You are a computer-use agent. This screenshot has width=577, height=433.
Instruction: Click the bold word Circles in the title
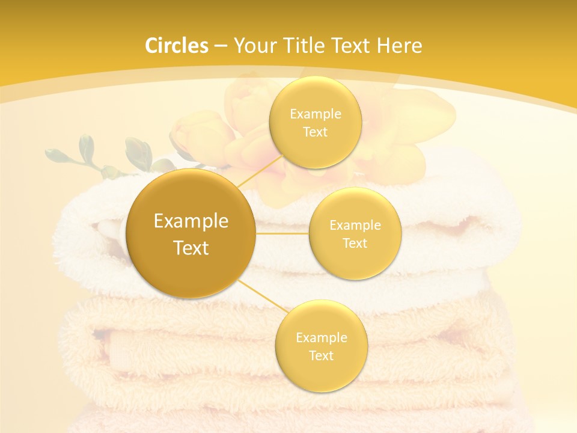[177, 46]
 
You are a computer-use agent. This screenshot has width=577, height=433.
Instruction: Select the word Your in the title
[253, 46]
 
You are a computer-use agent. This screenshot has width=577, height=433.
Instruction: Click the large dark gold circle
[191, 233]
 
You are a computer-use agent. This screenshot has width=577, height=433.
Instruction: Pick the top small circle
[315, 122]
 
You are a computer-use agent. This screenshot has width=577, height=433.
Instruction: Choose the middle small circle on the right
[355, 233]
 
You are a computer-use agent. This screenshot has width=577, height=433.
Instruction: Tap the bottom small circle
[321, 346]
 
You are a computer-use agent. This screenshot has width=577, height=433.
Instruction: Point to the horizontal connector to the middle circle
[282, 233]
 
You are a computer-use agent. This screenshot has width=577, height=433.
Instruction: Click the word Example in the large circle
[191, 221]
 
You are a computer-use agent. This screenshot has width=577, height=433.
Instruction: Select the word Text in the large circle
[191, 248]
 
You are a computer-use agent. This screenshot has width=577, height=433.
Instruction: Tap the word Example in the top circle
[315, 114]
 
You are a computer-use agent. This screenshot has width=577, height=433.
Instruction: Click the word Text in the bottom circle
[321, 355]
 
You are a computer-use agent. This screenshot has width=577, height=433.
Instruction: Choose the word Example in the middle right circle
[355, 225]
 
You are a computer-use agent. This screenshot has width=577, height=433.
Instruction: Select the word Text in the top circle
[315, 132]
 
